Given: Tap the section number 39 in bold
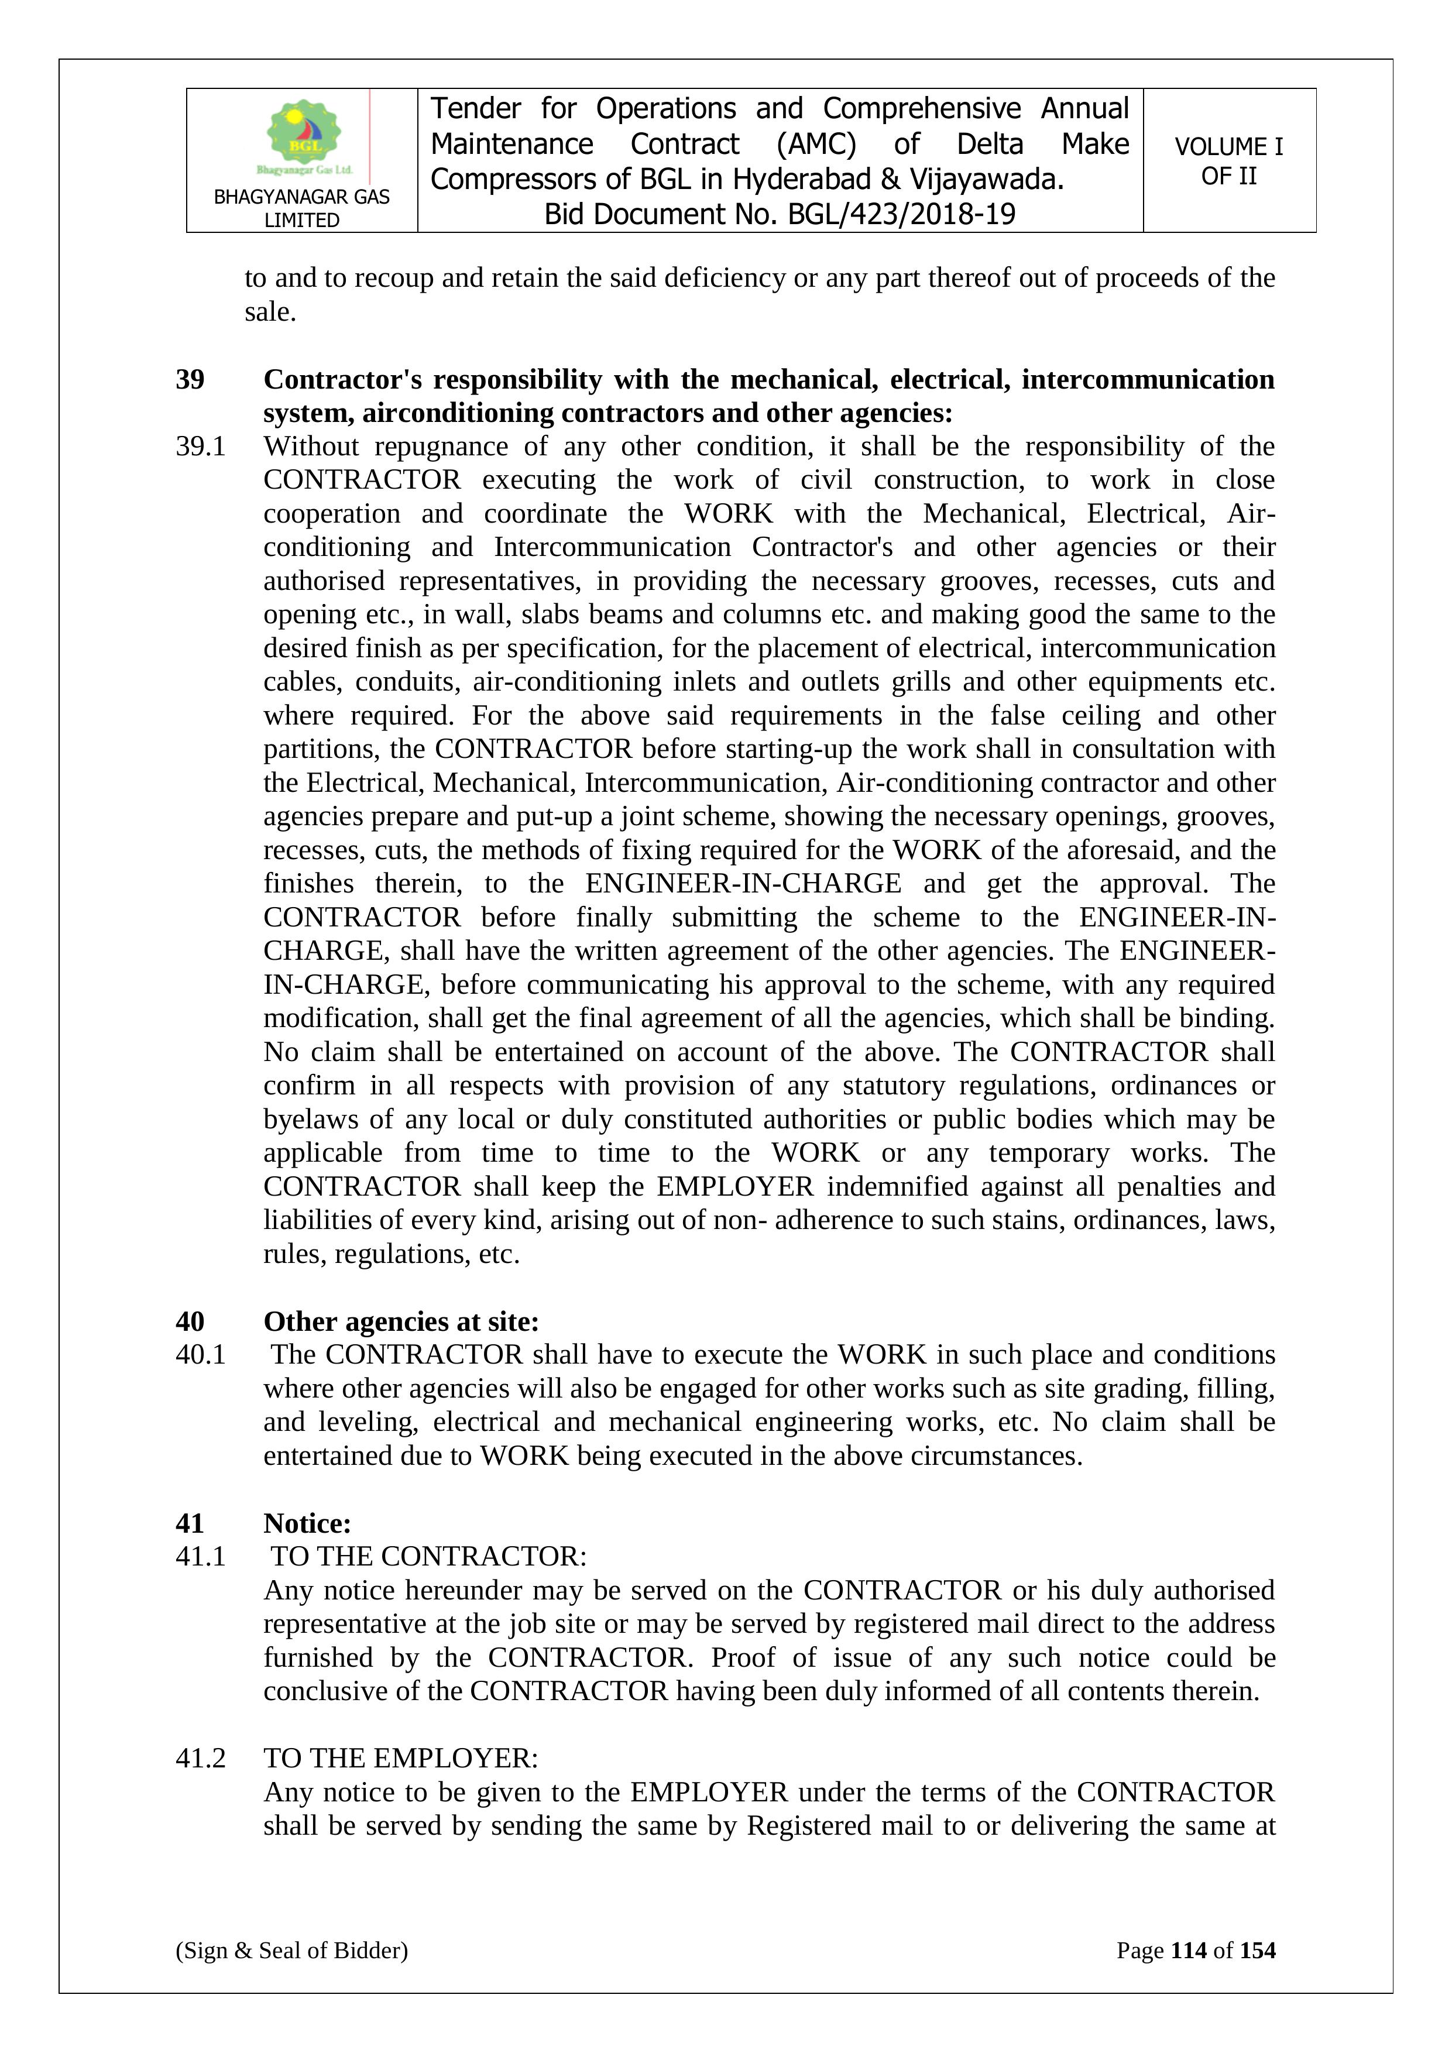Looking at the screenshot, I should coord(190,379).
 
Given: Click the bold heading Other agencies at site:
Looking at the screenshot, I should coord(400,1321).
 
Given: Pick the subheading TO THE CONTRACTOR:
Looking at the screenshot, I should coord(429,1557).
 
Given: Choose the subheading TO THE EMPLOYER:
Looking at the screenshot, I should coord(400,1759).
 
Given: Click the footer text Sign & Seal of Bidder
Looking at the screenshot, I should coord(291,1950).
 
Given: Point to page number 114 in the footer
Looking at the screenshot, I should coord(1188,1950).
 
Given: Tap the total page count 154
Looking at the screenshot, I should coord(1257,1950).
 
